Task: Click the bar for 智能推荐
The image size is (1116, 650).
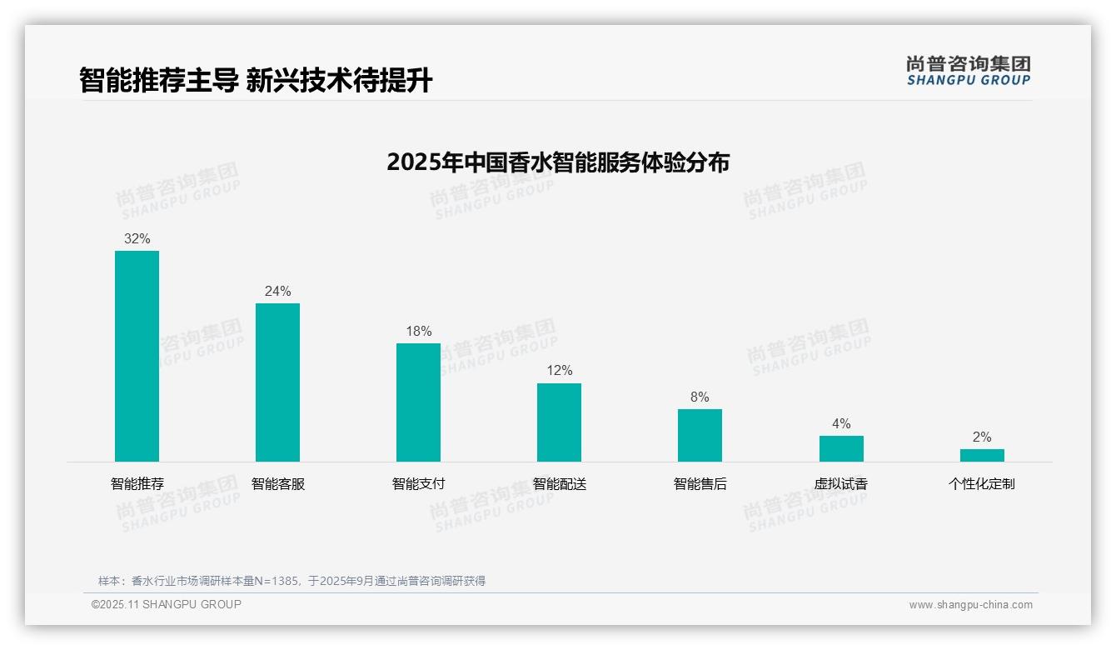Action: point(137,356)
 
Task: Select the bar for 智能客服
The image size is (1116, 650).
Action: point(277,382)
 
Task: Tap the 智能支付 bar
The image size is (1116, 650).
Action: point(418,402)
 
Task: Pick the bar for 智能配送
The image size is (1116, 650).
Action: point(559,422)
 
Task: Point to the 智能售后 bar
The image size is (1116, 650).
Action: point(700,435)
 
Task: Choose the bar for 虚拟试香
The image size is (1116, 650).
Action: point(841,448)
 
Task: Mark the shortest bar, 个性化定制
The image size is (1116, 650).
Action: point(982,455)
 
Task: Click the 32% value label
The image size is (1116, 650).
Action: point(137,238)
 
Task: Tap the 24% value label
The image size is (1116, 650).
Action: point(277,291)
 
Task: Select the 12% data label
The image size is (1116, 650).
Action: point(559,371)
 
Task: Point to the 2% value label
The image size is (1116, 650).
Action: point(982,437)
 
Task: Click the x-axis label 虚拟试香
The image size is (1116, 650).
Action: point(841,483)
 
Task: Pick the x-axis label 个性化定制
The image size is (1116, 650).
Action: point(982,483)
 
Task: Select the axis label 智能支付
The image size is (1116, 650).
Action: point(418,483)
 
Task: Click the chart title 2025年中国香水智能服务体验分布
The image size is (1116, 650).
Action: point(558,162)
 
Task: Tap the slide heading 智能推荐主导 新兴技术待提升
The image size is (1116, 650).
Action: point(256,80)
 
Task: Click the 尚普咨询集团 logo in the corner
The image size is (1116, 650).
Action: point(969,71)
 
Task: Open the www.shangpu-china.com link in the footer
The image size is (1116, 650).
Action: point(970,605)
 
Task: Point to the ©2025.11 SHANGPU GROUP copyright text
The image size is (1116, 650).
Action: point(167,604)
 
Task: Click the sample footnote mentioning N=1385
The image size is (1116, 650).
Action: point(291,581)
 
